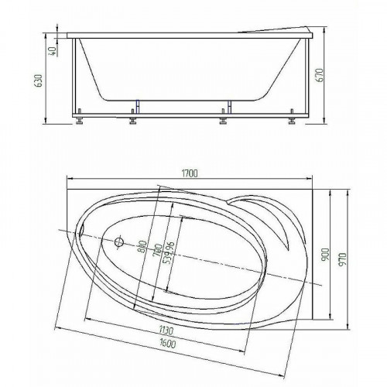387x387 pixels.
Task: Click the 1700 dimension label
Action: click(190, 173)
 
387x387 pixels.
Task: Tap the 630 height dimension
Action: click(39, 80)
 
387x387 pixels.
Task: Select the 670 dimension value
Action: click(320, 75)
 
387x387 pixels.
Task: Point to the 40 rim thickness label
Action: click(53, 51)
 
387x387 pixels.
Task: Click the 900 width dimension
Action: click(326, 255)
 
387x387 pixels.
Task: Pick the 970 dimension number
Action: click(344, 259)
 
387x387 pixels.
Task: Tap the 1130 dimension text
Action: click(166, 330)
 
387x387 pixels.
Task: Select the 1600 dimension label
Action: click(167, 343)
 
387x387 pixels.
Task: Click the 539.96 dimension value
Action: click(170, 252)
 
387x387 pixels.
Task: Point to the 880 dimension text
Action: click(142, 247)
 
